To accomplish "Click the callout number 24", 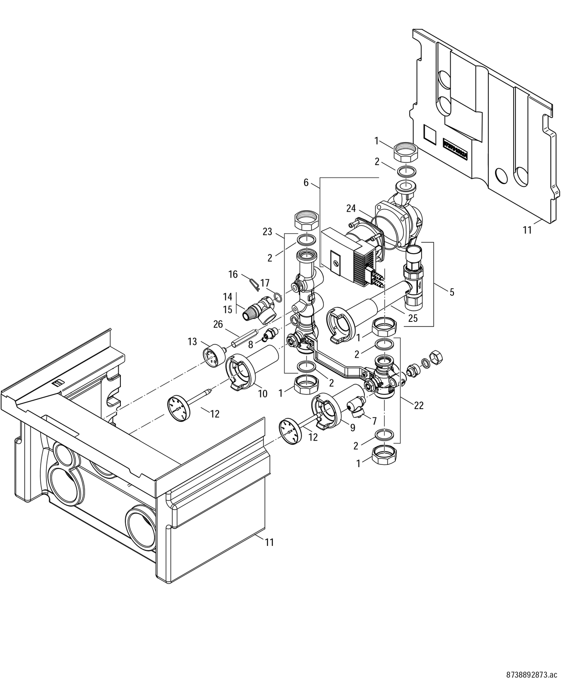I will [351, 208].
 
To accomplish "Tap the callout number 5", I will [451, 292].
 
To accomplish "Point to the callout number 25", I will [413, 318].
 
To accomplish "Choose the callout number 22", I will [418, 405].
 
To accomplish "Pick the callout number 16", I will [233, 274].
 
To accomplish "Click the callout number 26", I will [218, 324].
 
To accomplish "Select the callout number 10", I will [263, 394].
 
